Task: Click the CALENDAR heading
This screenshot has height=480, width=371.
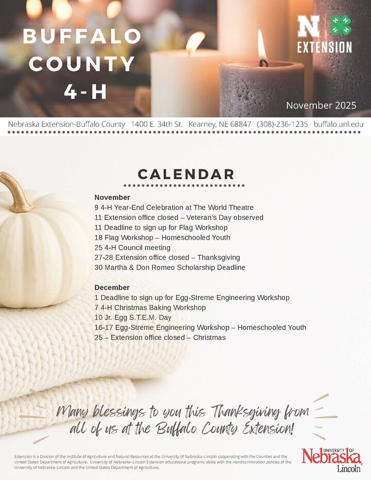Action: pyautogui.click(x=185, y=174)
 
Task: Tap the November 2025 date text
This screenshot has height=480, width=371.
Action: pyautogui.click(x=321, y=106)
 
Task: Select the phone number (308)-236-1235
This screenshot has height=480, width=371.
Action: pyautogui.click(x=282, y=124)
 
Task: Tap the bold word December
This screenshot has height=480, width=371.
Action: pyautogui.click(x=112, y=287)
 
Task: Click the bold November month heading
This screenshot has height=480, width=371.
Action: pyautogui.click(x=112, y=197)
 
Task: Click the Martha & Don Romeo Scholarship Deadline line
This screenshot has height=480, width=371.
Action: pyautogui.click(x=170, y=267)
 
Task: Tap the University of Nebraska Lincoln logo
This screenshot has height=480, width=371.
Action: pyautogui.click(x=332, y=459)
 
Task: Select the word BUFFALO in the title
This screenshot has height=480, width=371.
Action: pyautogui.click(x=82, y=37)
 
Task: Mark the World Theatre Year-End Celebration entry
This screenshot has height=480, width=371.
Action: pyautogui.click(x=174, y=207)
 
